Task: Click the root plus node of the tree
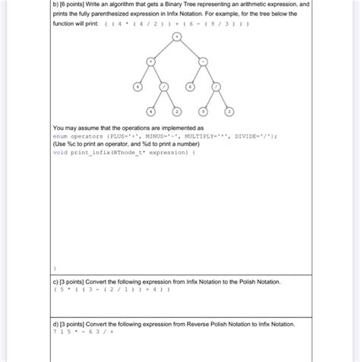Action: (x=176, y=37)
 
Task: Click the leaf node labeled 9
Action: (x=203, y=110)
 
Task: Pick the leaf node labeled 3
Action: (x=229, y=110)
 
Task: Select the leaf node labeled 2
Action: (x=177, y=110)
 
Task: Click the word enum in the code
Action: (x=61, y=136)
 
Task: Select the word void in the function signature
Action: (x=60, y=151)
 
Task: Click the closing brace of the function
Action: (x=55, y=268)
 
